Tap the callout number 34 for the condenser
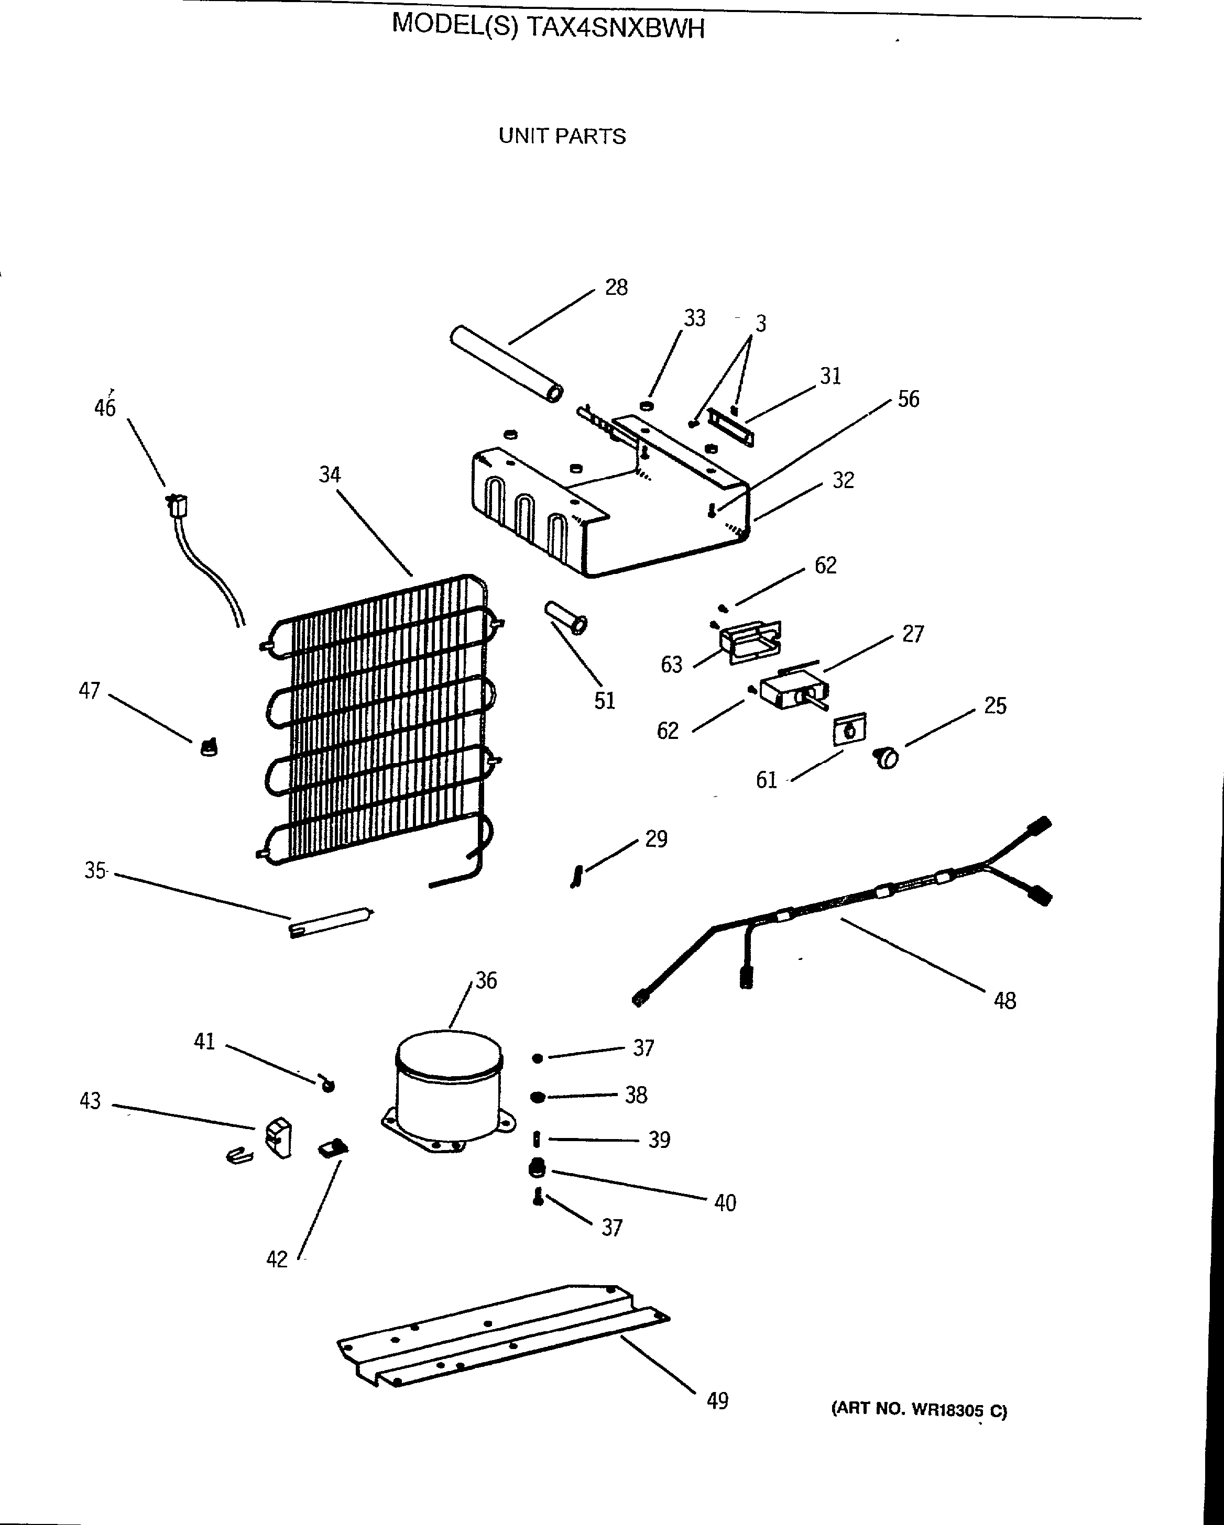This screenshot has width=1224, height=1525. click(330, 474)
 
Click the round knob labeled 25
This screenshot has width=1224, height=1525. click(887, 758)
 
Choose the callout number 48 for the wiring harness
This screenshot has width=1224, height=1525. click(1004, 1000)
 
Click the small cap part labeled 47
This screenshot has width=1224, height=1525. click(208, 747)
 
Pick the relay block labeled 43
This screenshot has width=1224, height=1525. click(278, 1138)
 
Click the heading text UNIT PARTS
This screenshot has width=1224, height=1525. click(562, 136)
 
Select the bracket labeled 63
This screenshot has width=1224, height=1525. click(750, 641)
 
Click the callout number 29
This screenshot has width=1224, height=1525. click(656, 839)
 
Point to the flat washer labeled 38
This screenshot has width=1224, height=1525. click(538, 1097)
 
